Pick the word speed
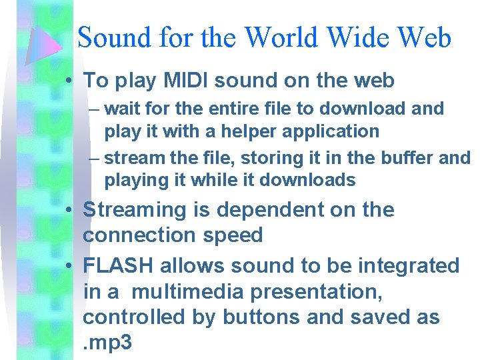tap(236, 235)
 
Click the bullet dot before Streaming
tap(69, 210)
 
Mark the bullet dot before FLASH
tap(69, 266)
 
